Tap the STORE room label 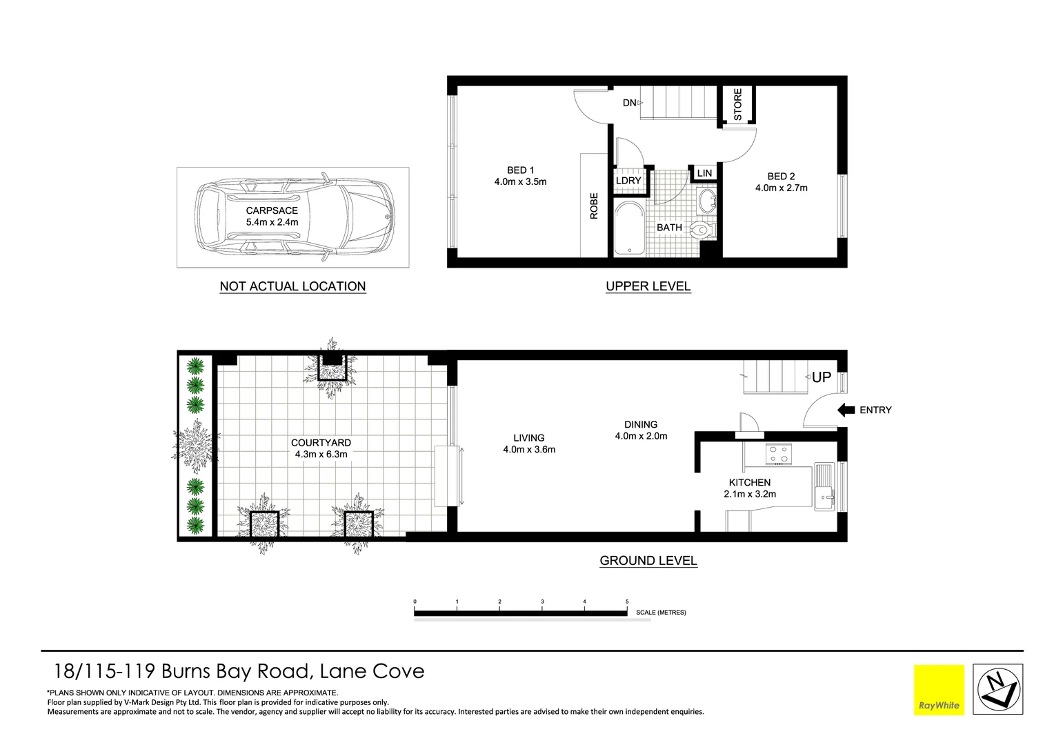[x=737, y=104]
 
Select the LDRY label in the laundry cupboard [x=628, y=181]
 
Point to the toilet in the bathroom [x=702, y=230]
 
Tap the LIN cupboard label [x=704, y=173]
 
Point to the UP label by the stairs [x=821, y=377]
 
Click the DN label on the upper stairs [x=629, y=103]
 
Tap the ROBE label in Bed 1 [x=594, y=206]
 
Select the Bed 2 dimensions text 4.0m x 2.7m [x=781, y=188]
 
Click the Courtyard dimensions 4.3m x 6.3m [x=321, y=454]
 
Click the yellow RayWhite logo [x=939, y=690]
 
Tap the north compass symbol [x=997, y=690]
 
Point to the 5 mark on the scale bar [x=627, y=602]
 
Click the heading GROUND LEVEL [x=648, y=561]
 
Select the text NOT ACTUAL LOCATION [x=292, y=286]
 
